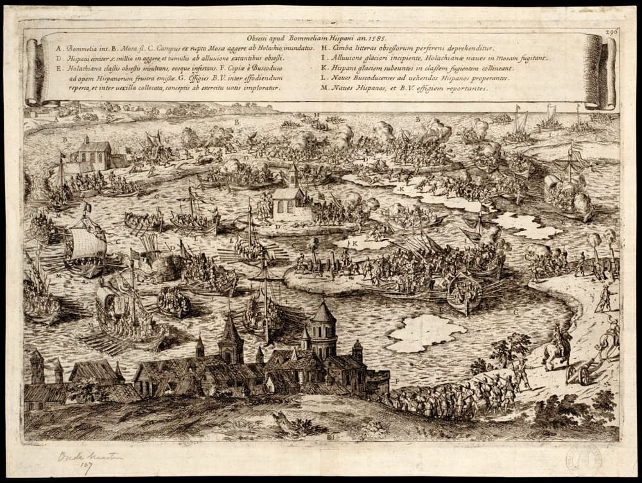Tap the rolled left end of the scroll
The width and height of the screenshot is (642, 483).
pos(33,70)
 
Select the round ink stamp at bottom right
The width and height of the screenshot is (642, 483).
pos(584,459)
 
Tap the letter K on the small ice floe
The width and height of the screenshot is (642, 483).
pos(355,244)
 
